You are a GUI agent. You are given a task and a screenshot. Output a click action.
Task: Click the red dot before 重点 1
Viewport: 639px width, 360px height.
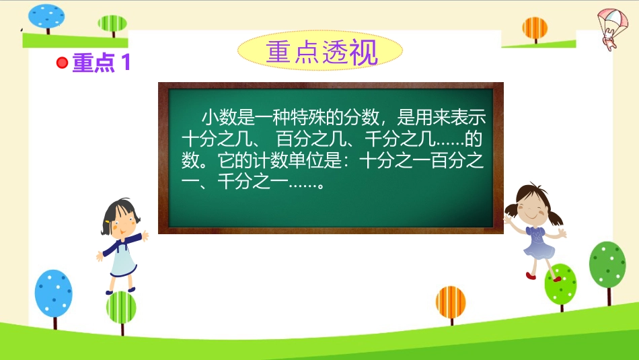62,63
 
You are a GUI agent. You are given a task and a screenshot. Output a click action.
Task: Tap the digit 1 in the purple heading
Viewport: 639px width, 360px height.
126,63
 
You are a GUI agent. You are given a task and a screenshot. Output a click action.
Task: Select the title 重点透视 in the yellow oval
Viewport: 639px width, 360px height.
322,52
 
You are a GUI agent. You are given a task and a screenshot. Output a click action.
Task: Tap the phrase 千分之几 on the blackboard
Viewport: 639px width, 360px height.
400,139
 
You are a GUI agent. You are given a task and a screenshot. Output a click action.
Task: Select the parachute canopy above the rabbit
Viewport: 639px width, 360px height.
613,19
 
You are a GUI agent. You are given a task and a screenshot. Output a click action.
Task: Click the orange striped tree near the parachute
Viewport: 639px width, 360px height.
535,28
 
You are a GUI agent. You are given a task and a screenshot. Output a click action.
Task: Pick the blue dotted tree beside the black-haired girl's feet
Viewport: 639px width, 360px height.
53,293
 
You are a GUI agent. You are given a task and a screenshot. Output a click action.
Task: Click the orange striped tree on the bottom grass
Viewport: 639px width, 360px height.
451,303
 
